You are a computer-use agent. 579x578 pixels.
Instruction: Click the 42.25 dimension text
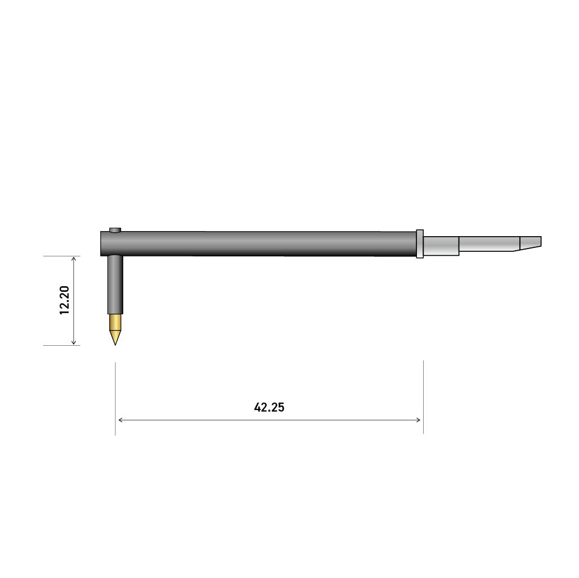[269, 407]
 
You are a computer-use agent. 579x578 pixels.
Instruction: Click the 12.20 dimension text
[65, 300]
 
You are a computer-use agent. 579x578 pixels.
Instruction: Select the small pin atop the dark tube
[115, 231]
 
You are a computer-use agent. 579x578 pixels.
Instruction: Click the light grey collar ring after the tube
[420, 243]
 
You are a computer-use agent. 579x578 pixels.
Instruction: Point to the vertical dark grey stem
[115, 284]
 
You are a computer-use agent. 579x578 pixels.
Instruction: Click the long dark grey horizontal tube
[258, 243]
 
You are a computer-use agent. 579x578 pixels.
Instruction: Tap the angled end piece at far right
[530, 243]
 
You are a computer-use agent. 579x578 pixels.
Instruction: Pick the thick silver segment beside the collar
[441, 246]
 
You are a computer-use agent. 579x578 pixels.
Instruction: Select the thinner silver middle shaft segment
[490, 243]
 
